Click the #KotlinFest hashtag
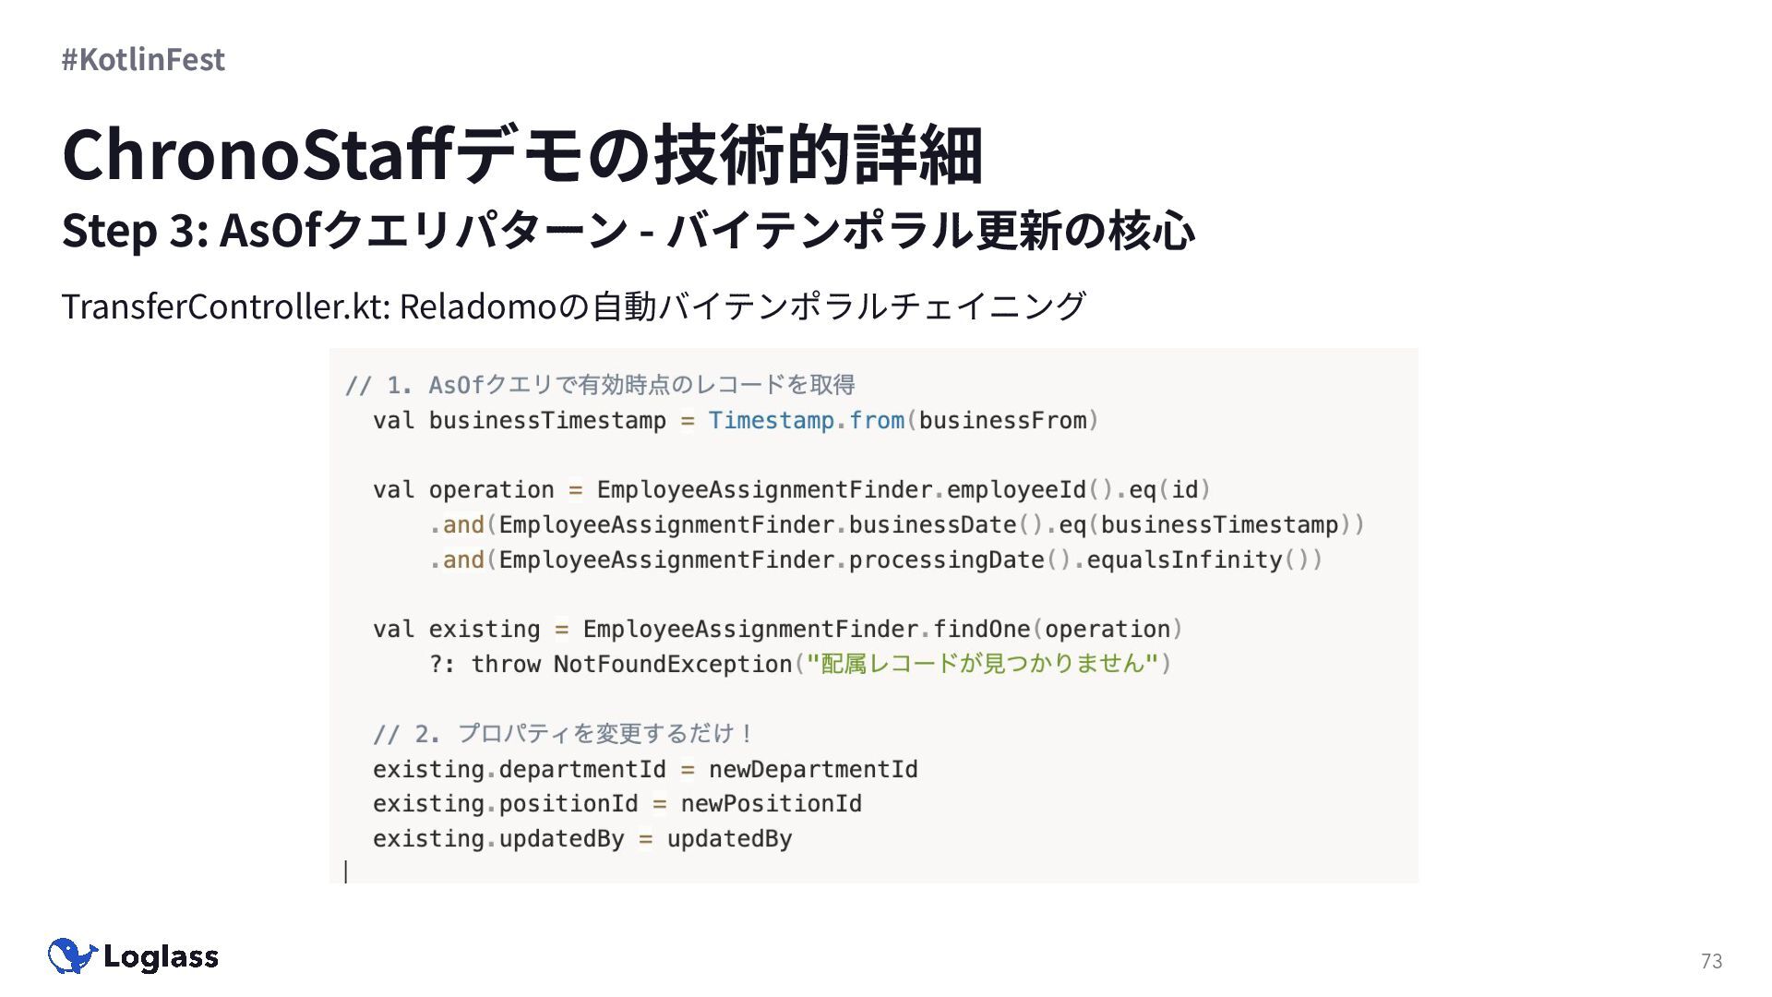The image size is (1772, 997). pos(143,59)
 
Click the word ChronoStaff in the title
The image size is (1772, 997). pos(257,154)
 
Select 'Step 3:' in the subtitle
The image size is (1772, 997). pos(135,230)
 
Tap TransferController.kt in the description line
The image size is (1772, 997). pos(225,306)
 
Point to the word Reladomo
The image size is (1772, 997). pos(478,306)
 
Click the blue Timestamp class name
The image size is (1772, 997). pos(771,421)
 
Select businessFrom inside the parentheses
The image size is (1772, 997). pos(1002,421)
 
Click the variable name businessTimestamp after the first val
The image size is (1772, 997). pos(546,421)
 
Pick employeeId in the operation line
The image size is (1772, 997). pos(1016,490)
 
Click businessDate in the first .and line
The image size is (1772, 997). pos(932,525)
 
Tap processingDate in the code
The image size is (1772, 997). pos(946,560)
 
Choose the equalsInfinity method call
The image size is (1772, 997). pos(1184,560)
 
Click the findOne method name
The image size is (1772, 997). pos(981,630)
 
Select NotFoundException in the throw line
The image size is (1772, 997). pos(672,665)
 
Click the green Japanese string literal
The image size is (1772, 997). pos(982,664)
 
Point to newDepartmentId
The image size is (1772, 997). pos(813,770)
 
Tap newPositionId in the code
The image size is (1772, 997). pos(771,804)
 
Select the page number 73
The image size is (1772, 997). pos(1711,961)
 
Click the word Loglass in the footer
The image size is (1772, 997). pos(161,957)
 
